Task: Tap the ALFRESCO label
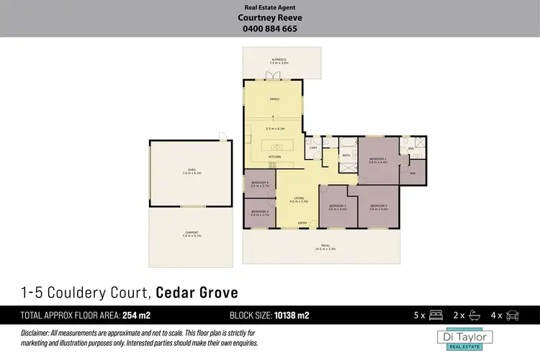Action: coord(279,59)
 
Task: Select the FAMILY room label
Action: coord(274,99)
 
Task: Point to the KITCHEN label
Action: coord(274,156)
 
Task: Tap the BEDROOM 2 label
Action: coord(379,206)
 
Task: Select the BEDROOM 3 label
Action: coord(338,206)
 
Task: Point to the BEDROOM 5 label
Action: coord(259,183)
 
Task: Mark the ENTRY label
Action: coord(302,222)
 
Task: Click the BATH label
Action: coord(346,155)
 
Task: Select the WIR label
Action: coord(413,173)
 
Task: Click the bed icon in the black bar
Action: coord(435,315)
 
